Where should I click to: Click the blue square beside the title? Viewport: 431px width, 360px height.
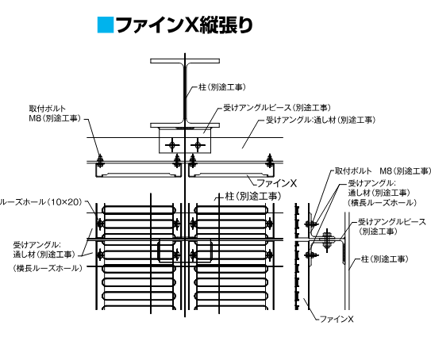pyautogui.click(x=106, y=25)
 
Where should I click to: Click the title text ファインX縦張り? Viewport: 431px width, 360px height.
pyautogui.click(x=184, y=25)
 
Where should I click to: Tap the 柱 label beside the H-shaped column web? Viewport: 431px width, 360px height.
pyautogui.click(x=221, y=87)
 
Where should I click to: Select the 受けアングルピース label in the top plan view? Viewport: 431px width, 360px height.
pyautogui.click(x=277, y=108)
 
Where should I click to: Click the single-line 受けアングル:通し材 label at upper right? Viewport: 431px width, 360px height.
pyautogui.click(x=321, y=120)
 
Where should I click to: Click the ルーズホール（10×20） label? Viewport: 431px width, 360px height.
pyautogui.click(x=41, y=202)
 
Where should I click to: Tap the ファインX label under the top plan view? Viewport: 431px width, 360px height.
pyautogui.click(x=276, y=183)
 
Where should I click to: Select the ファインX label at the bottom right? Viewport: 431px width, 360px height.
pyautogui.click(x=337, y=319)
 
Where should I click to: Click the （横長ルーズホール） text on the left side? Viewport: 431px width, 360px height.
pyautogui.click(x=48, y=268)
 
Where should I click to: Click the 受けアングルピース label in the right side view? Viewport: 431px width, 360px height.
pyautogui.click(x=392, y=227)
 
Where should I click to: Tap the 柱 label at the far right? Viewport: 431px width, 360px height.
pyautogui.click(x=385, y=259)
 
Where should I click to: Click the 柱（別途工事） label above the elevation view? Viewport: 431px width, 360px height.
pyautogui.click(x=253, y=197)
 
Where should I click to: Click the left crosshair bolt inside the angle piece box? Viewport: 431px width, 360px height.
pyautogui.click(x=172, y=145)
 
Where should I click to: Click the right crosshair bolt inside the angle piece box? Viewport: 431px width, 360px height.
pyautogui.click(x=198, y=145)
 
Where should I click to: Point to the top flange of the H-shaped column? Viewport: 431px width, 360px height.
pyautogui.click(x=185, y=61)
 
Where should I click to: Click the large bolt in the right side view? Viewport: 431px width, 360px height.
pyautogui.click(x=327, y=239)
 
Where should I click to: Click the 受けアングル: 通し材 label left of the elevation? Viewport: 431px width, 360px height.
pyautogui.click(x=44, y=250)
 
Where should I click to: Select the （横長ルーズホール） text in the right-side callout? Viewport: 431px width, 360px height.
pyautogui.click(x=383, y=203)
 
